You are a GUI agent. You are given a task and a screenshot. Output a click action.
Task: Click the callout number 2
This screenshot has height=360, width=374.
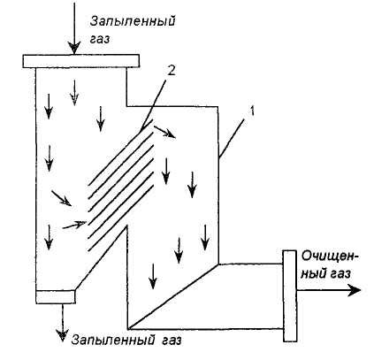tap(171, 71)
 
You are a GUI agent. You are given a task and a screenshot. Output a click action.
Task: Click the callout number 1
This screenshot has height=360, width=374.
tap(252, 111)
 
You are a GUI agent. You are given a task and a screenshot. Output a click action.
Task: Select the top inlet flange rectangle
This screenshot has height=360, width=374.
tap(80, 61)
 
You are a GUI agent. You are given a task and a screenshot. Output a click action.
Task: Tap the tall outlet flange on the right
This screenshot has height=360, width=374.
tap(289, 296)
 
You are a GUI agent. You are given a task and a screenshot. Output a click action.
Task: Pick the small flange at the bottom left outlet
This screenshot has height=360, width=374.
tap(56, 296)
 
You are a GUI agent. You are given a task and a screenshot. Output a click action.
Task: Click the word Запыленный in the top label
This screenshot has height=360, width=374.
tap(133, 22)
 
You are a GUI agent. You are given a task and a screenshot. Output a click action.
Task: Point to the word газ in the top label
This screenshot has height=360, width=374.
tap(100, 39)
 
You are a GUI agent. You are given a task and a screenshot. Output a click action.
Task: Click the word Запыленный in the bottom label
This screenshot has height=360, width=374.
tap(113, 341)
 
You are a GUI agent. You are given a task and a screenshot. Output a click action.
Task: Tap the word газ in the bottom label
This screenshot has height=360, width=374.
tap(172, 341)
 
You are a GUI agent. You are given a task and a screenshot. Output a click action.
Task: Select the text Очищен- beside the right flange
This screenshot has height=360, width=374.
tap(331, 257)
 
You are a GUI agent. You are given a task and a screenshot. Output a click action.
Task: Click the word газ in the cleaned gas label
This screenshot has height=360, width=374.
tap(340, 274)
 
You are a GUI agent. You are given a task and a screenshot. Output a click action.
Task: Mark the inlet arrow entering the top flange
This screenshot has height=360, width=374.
tap(74, 28)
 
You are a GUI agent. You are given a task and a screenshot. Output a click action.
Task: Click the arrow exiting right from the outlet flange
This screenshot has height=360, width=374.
tap(329, 290)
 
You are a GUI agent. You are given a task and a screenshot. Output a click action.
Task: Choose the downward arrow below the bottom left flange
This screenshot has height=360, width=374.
tap(63, 323)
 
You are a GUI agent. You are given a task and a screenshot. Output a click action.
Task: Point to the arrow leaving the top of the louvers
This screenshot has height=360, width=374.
tap(165, 132)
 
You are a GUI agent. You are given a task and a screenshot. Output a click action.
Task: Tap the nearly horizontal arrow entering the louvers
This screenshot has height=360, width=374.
tap(74, 225)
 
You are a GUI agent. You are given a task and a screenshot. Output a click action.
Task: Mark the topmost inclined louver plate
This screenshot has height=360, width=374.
tap(120, 152)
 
